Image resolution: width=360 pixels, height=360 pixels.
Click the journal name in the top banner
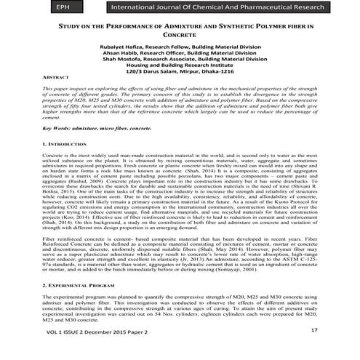[217, 8]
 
